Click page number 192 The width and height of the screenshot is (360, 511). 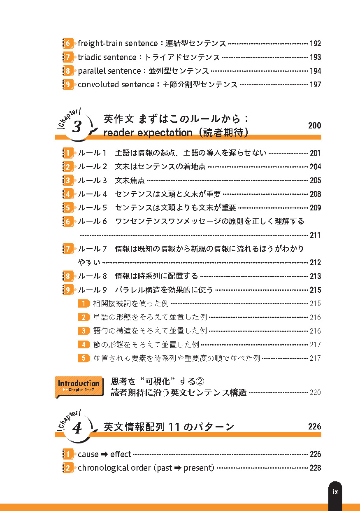tap(315, 43)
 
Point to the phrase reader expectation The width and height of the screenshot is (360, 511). tap(148, 133)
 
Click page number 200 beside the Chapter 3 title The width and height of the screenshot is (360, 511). tap(314, 126)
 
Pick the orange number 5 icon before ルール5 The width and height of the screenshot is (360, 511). tap(68, 208)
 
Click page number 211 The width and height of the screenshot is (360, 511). tap(315, 235)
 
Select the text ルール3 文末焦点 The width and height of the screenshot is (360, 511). tap(111, 180)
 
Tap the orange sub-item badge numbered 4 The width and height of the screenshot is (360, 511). tap(84, 345)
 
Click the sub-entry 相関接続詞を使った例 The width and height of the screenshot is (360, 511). tap(131, 303)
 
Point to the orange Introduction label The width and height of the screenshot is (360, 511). tap(79, 386)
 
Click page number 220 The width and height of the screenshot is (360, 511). tap(315, 392)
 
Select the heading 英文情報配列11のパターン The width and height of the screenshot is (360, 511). tap(169, 427)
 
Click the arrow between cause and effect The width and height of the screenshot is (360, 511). tap(105, 454)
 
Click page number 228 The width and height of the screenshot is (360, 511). tap(315, 468)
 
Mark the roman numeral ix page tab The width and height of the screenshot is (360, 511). tap(335, 492)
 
